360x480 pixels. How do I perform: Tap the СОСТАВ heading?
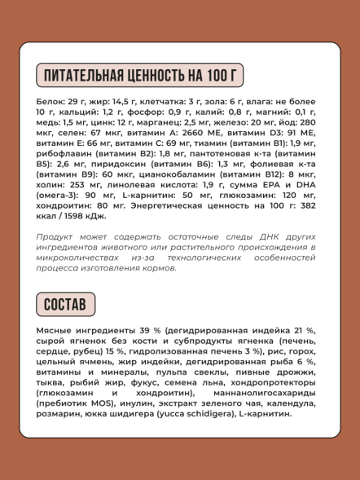coord(65,304)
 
